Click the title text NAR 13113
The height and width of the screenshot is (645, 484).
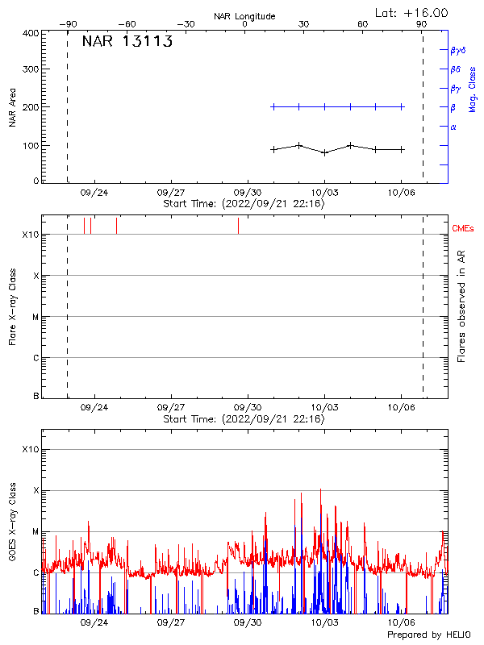[x=127, y=43]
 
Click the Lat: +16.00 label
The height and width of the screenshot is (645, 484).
[x=413, y=13]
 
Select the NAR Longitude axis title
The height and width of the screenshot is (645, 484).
[x=244, y=16]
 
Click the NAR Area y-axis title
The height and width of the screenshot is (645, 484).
[x=12, y=107]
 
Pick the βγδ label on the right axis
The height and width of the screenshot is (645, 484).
[x=457, y=50]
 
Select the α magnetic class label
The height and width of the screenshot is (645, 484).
[x=453, y=127]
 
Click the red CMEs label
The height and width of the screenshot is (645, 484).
[x=463, y=229]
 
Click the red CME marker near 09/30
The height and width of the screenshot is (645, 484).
[x=238, y=226]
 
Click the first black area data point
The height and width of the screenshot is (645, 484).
[x=273, y=149]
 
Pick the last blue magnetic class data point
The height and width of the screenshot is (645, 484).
[x=402, y=106]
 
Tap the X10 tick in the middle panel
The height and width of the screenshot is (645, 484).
[x=30, y=235]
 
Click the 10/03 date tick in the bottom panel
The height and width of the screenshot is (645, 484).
[x=324, y=622]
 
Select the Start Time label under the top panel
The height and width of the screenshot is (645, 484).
[x=244, y=204]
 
